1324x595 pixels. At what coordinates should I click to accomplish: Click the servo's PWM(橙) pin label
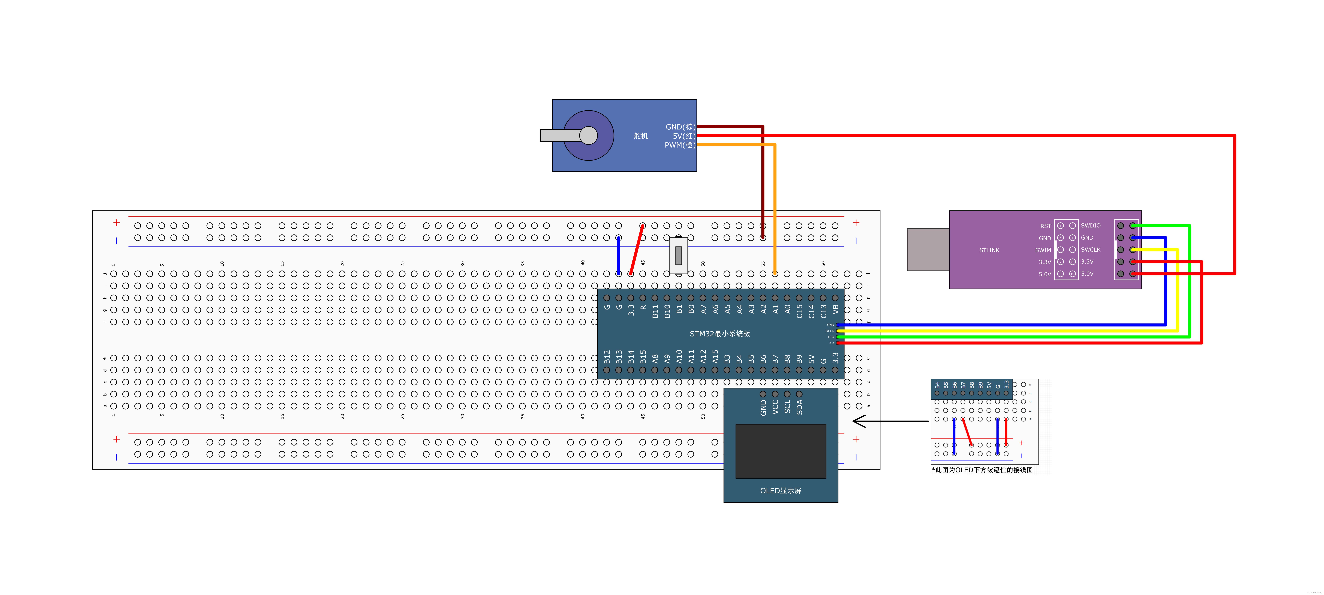tap(679, 145)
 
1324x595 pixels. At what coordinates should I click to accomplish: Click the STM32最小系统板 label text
tap(720, 334)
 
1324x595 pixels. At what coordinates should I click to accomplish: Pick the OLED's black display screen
tap(780, 451)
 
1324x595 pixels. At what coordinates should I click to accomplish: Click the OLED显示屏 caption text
tap(780, 491)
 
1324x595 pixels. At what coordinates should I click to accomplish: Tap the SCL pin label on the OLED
tap(787, 407)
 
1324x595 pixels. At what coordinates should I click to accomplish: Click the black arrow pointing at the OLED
tap(889, 421)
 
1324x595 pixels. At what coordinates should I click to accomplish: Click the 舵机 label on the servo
tap(640, 136)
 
